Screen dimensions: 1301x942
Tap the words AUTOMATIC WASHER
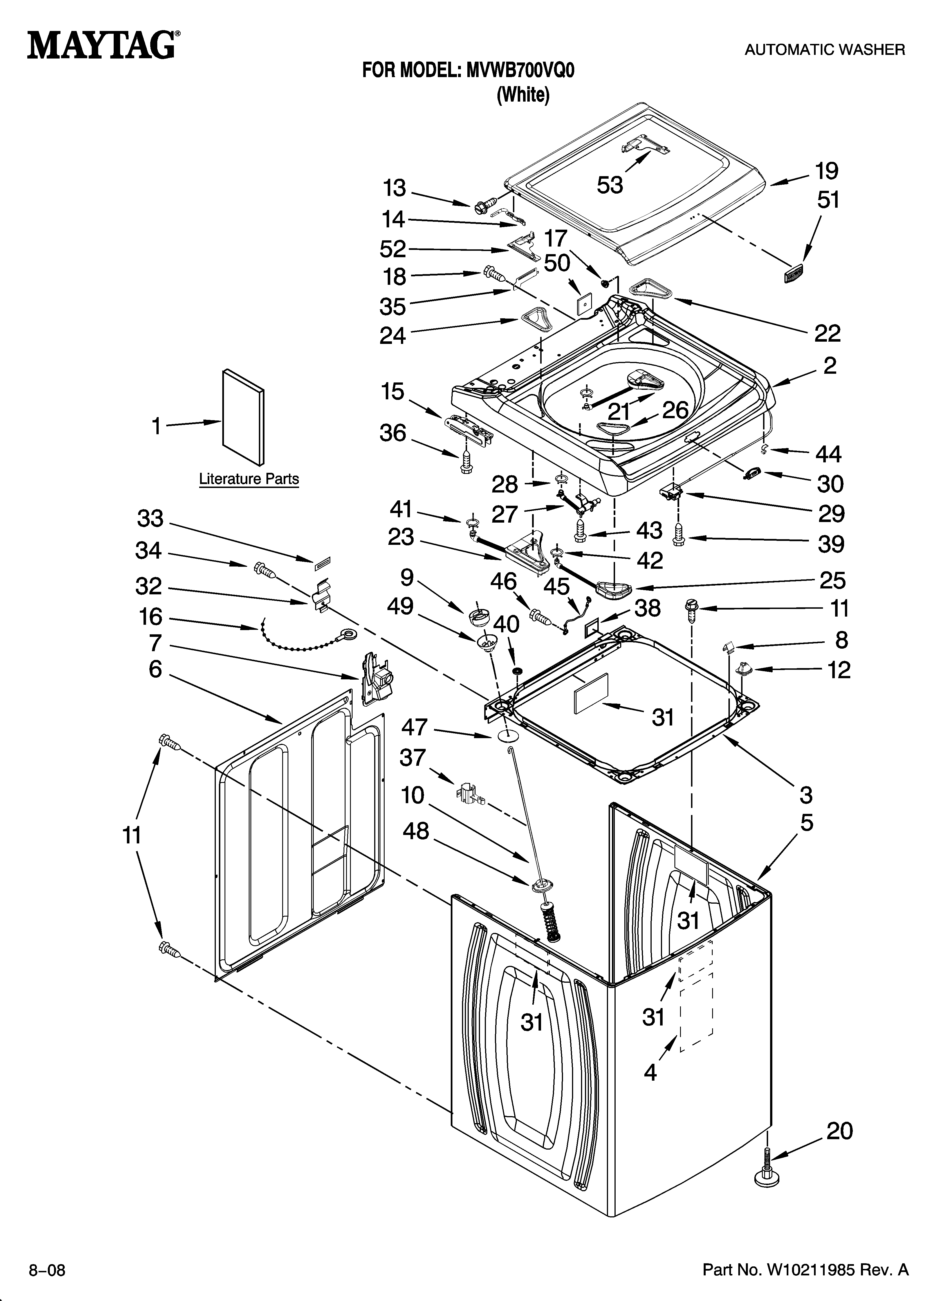(824, 50)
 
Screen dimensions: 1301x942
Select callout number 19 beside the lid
(827, 171)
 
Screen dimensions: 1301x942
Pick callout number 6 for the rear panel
(156, 669)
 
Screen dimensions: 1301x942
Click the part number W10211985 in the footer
(806, 1268)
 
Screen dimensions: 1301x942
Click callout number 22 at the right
(827, 333)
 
